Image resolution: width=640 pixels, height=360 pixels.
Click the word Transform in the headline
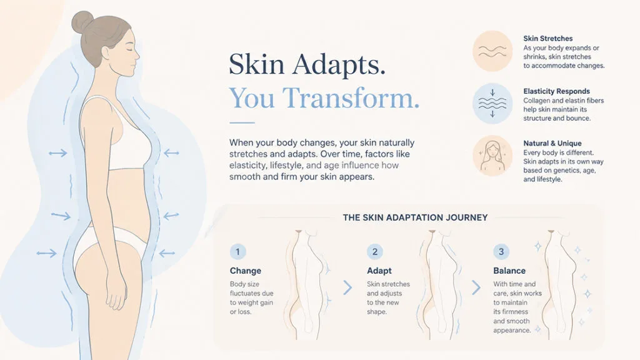(351, 97)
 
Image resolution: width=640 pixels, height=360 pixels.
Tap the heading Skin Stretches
(547, 38)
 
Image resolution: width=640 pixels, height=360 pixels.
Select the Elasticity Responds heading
(556, 91)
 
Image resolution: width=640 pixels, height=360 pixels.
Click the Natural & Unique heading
(552, 143)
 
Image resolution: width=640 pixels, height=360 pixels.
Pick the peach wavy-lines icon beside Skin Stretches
(492, 51)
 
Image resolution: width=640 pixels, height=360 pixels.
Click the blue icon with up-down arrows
(492, 103)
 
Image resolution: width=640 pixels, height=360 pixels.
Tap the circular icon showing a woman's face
(492, 156)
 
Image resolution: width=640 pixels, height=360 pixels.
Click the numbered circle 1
(238, 251)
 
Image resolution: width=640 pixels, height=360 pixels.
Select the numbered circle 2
(375, 251)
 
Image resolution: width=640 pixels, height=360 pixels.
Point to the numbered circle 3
(501, 251)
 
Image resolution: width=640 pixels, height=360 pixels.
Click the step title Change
(245, 271)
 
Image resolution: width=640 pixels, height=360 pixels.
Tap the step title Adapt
(379, 271)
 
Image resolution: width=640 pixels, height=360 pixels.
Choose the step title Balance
(509, 271)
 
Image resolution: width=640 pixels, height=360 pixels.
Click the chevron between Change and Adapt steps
(347, 287)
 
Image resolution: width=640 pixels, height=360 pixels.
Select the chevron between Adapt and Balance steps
(476, 287)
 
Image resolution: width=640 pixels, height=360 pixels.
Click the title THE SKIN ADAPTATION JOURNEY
(415, 217)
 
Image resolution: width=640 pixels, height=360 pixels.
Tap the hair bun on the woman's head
(82, 22)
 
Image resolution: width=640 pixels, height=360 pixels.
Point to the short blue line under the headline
(242, 122)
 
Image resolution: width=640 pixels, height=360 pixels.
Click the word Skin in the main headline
(256, 64)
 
